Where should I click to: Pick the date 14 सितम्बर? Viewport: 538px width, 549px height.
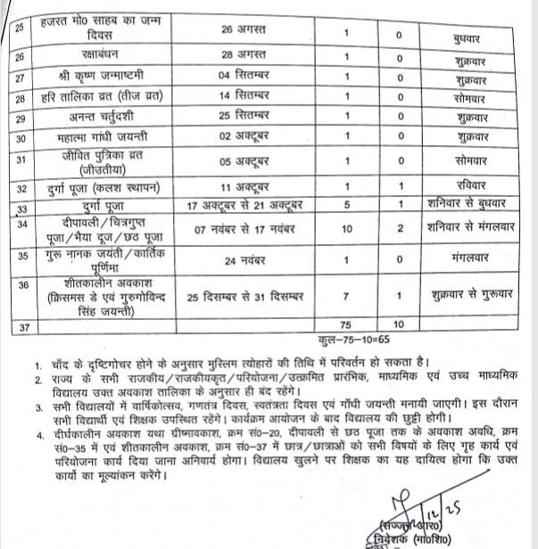[243, 96]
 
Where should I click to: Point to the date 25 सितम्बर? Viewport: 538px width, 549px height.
[243, 117]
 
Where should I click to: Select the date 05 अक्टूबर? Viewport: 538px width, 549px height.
[243, 162]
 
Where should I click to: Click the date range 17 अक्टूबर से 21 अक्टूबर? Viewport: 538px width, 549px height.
[243, 207]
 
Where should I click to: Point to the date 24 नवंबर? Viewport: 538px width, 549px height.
[243, 261]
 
